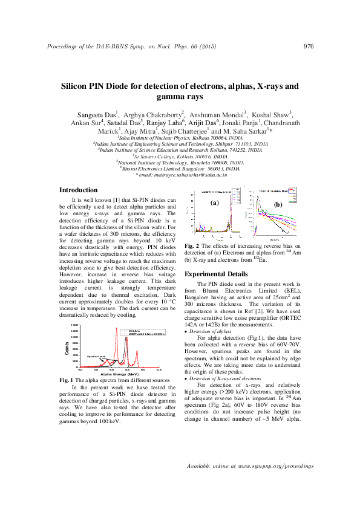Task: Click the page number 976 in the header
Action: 308,47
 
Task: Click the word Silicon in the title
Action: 77,86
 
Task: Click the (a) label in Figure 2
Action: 214,203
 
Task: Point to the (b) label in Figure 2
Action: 278,205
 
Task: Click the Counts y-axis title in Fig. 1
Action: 67,347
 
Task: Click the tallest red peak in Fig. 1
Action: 116,329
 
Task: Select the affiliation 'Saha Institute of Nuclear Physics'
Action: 157,138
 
